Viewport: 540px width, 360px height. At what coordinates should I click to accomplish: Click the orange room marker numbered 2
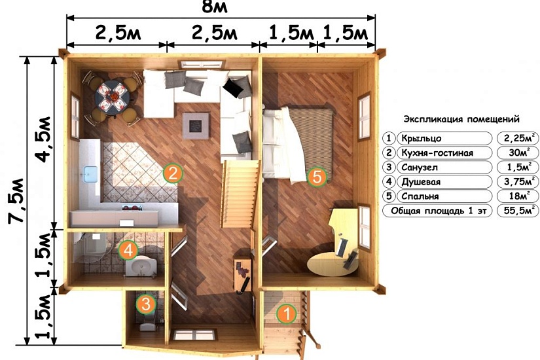pyautogui.click(x=173, y=173)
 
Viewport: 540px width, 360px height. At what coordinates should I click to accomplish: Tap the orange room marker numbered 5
pyautogui.click(x=317, y=177)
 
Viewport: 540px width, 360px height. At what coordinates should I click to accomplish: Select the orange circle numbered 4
pyautogui.click(x=128, y=250)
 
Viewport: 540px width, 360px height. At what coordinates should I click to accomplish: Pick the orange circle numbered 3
pyautogui.click(x=146, y=304)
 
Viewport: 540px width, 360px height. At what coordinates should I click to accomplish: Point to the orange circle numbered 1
pyautogui.click(x=286, y=314)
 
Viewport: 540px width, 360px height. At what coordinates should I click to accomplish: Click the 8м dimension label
pyautogui.click(x=215, y=7)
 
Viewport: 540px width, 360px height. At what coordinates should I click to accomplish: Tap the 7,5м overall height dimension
pyautogui.click(x=16, y=201)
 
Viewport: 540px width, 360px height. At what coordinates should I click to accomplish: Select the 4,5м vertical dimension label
pyautogui.click(x=44, y=139)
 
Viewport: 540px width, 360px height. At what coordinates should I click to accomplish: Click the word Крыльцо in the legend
pyautogui.click(x=422, y=139)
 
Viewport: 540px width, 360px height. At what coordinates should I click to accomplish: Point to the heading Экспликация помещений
pyautogui.click(x=461, y=120)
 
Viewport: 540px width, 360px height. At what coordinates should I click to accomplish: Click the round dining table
pyautogui.click(x=113, y=98)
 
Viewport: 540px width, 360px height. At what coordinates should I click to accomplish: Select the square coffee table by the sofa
pyautogui.click(x=196, y=126)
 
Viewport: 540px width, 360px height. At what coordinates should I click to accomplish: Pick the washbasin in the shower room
pyautogui.click(x=141, y=266)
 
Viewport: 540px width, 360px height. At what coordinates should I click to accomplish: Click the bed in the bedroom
pyautogui.click(x=298, y=143)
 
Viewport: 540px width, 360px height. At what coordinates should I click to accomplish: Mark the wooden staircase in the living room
pyautogui.click(x=240, y=194)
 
